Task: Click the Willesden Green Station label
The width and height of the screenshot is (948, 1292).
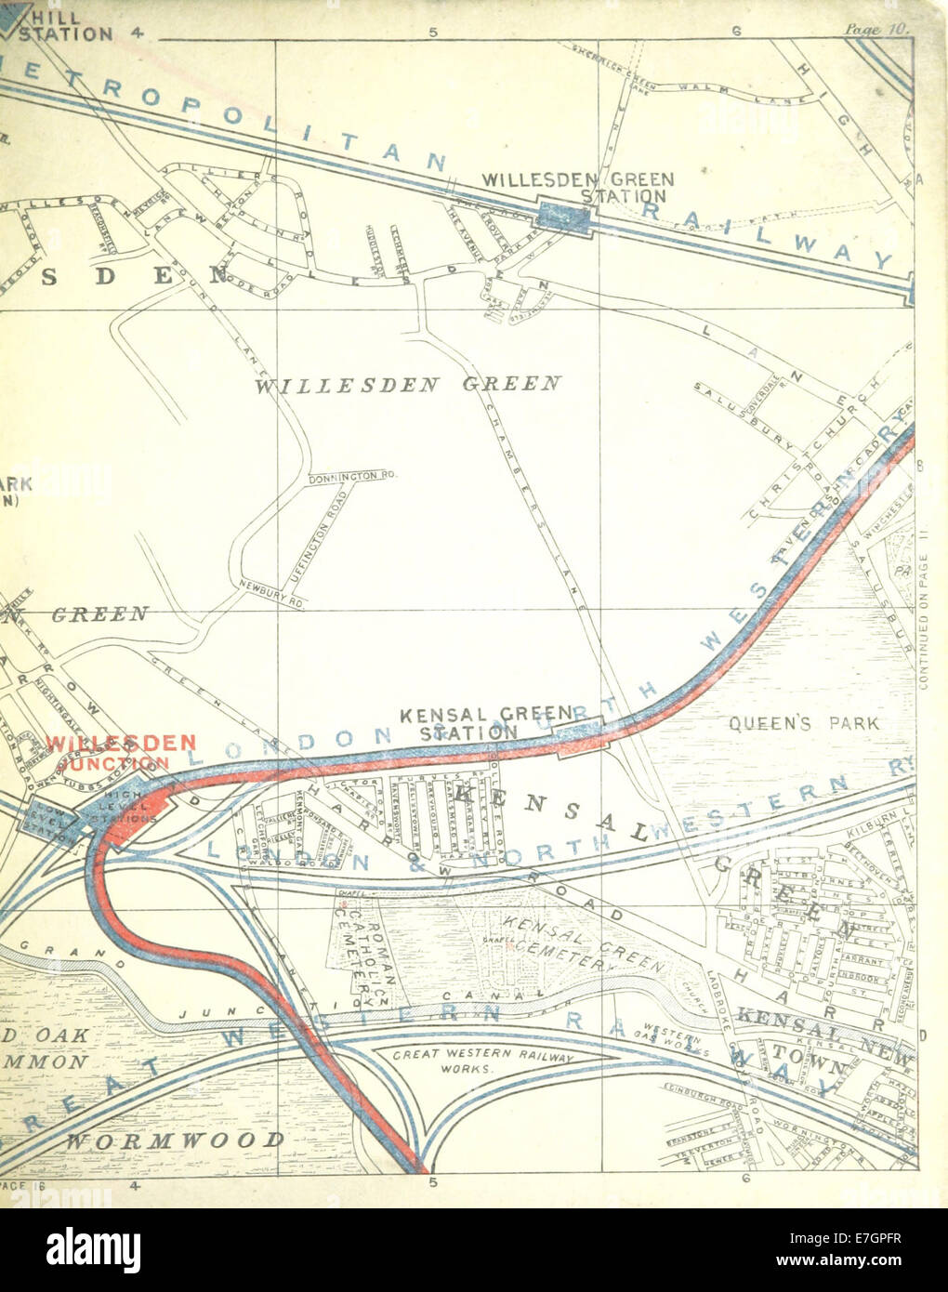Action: click(x=578, y=187)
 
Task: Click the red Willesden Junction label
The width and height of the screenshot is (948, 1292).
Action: click(x=121, y=752)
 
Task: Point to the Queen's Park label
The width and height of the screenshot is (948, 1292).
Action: click(x=803, y=721)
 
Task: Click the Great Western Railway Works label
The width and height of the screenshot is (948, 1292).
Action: click(x=482, y=1062)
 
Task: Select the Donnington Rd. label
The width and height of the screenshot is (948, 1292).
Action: click(x=352, y=476)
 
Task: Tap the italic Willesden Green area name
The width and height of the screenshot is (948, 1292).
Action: click(x=408, y=383)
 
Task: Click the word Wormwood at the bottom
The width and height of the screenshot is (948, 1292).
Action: click(x=175, y=1140)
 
